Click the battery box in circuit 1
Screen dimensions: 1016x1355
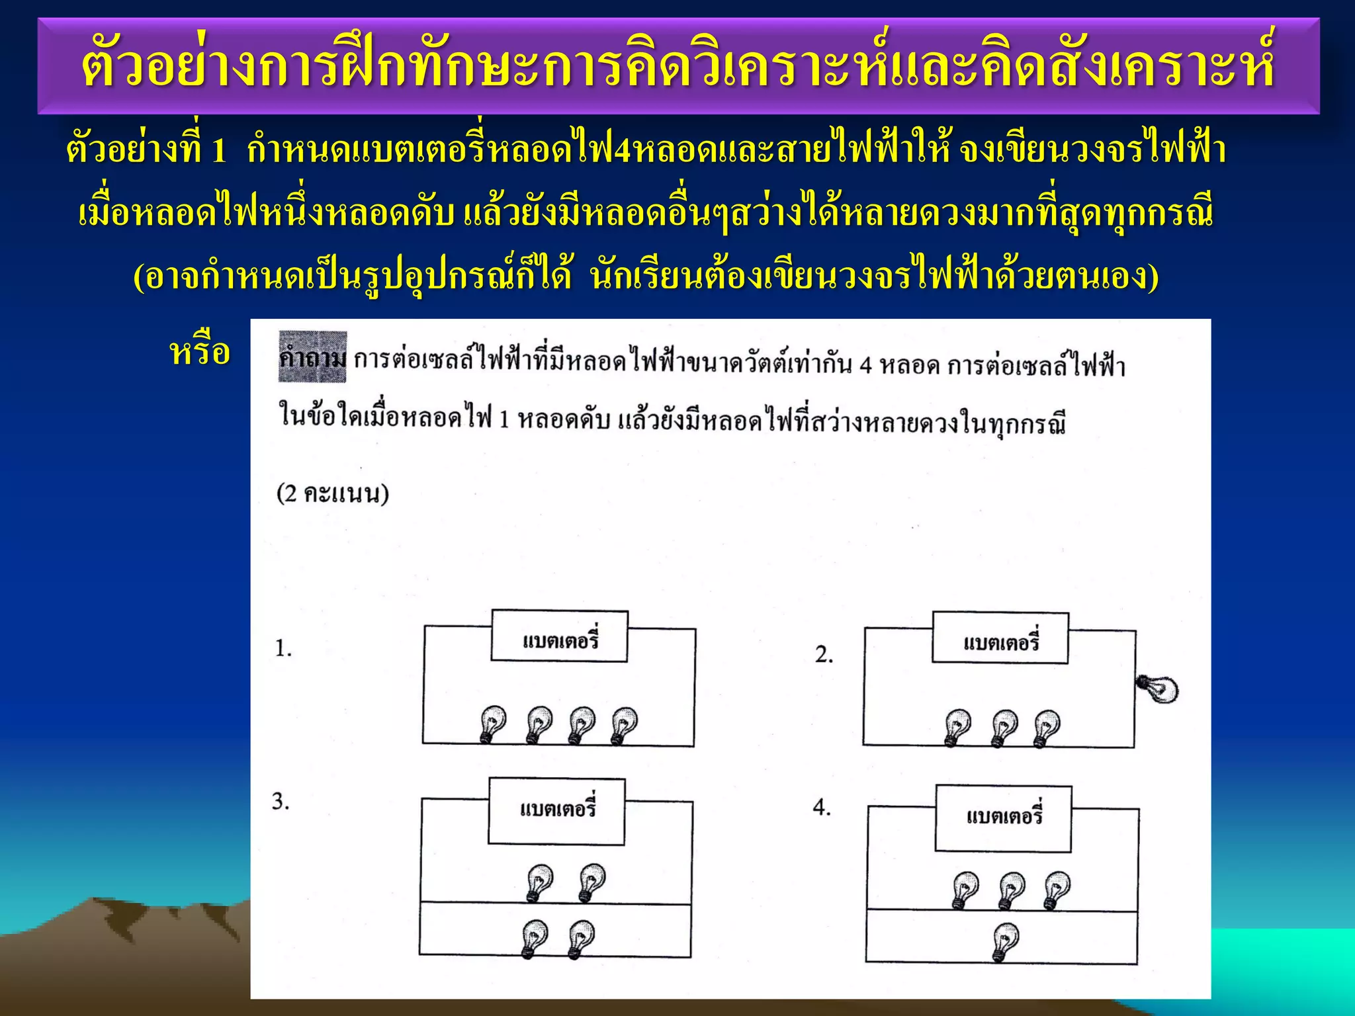point(559,636)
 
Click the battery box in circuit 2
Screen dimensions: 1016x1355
point(1000,638)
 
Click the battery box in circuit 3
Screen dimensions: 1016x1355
point(556,812)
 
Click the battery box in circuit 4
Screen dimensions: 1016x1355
point(1003,818)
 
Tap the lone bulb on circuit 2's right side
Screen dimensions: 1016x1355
point(1158,689)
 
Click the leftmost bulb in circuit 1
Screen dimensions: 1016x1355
point(493,724)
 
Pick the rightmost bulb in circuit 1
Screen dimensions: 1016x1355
point(623,725)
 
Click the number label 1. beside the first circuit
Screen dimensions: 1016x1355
point(283,648)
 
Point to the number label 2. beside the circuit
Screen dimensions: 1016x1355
point(824,654)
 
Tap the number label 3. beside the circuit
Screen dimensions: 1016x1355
point(281,802)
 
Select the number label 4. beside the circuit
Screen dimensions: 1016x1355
point(822,808)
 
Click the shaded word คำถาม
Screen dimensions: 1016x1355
point(312,358)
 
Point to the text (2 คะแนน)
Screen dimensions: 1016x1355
point(332,494)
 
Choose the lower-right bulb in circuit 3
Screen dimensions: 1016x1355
point(581,939)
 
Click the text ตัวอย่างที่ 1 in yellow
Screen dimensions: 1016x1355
point(146,149)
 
